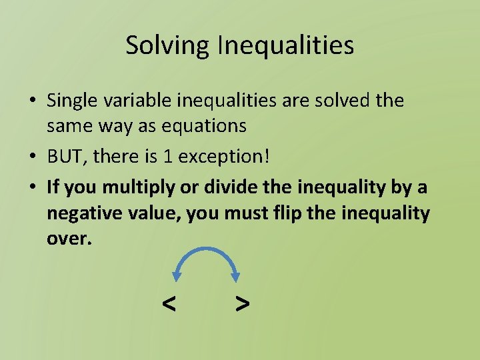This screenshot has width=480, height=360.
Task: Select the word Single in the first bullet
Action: [71, 101]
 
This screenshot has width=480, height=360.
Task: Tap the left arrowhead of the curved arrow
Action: [177, 276]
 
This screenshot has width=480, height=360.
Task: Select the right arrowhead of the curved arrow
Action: [235, 276]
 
